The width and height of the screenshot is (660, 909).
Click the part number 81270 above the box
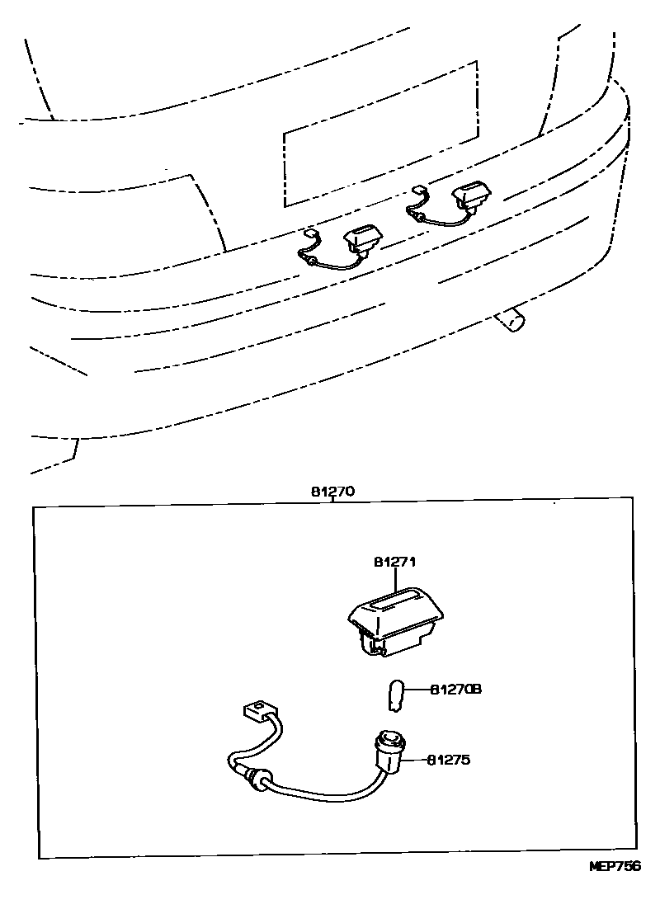click(x=332, y=492)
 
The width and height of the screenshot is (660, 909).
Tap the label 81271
click(x=394, y=563)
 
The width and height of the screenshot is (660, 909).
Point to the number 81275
click(x=449, y=760)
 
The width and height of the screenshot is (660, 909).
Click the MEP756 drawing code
click(x=614, y=866)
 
